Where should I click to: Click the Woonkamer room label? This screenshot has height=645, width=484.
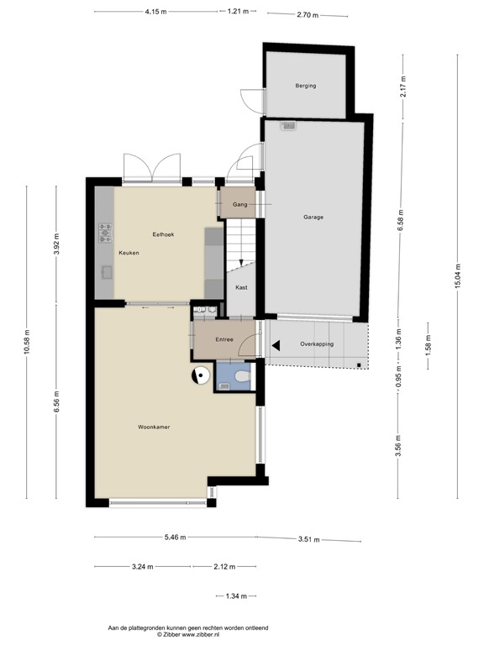155,427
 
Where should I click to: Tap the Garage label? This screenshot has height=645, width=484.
313,217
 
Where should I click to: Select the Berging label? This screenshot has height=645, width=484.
305,86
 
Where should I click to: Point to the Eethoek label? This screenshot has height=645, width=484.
163,233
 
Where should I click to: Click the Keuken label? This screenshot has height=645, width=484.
129,253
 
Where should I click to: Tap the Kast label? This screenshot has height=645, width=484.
241,287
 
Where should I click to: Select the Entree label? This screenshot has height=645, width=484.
224,339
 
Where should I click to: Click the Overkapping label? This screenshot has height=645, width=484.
317,344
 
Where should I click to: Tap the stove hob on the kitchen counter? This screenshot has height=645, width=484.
105,232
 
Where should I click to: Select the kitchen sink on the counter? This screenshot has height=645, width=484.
106,270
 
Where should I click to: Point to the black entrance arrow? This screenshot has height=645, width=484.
275,344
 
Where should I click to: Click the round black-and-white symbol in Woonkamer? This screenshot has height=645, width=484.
201,376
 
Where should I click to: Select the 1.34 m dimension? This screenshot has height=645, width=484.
236,596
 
